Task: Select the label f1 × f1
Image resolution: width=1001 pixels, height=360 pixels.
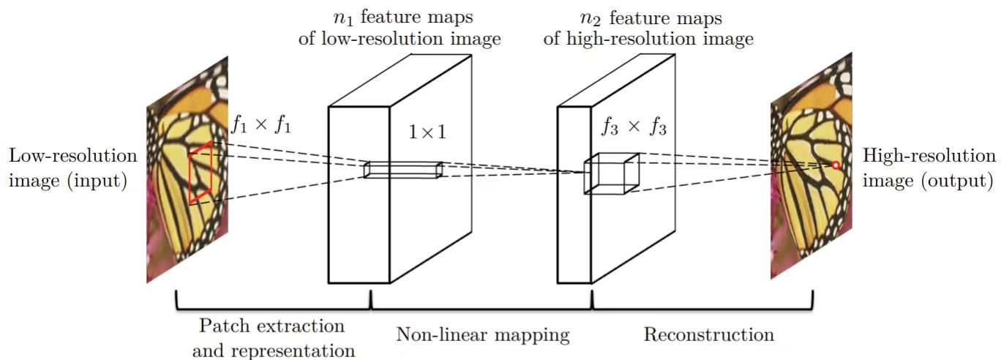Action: pos(262,124)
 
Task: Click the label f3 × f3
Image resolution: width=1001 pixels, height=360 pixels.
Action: pos(633,127)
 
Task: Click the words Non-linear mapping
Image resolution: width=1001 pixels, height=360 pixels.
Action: pos(482,335)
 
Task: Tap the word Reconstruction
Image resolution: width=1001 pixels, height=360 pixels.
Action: pos(708,335)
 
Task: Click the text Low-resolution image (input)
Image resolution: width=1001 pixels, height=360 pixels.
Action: pos(72,168)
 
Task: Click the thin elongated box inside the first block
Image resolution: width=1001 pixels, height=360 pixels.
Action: pos(403,170)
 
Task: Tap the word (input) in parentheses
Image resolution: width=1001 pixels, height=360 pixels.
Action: pos(98,180)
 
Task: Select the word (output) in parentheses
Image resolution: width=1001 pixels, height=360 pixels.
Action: pos(960,180)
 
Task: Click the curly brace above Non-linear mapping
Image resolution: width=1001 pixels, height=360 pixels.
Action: pos(481,301)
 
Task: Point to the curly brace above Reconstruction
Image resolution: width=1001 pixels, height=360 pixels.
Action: pos(702,301)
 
